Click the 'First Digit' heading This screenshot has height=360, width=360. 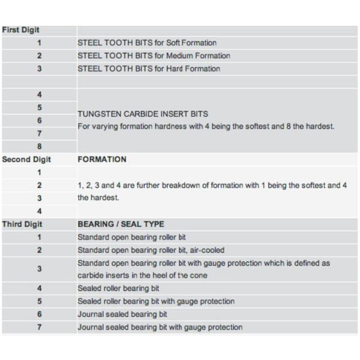(x=21, y=30)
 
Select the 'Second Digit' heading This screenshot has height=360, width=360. (x=26, y=160)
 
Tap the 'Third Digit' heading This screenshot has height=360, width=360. (x=22, y=224)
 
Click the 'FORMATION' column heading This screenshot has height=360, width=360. (x=102, y=160)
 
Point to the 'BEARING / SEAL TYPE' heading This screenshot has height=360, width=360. (x=121, y=224)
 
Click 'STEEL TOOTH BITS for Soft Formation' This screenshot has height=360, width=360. (x=147, y=43)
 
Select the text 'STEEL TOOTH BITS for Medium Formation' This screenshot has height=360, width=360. (x=154, y=56)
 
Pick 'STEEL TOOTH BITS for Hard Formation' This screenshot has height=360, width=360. (x=149, y=68)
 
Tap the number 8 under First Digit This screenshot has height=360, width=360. (x=40, y=146)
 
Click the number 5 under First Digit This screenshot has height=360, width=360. (x=40, y=107)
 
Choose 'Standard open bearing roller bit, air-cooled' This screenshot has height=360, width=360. (x=151, y=250)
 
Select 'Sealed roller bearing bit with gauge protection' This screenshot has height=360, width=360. (x=156, y=301)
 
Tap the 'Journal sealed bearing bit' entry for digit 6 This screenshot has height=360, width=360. (x=122, y=314)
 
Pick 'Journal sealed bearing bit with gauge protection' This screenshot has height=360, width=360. (x=160, y=327)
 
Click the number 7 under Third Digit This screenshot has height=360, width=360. (x=40, y=327)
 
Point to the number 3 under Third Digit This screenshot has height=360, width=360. (x=40, y=269)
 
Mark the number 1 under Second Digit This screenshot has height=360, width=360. (x=40, y=173)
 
